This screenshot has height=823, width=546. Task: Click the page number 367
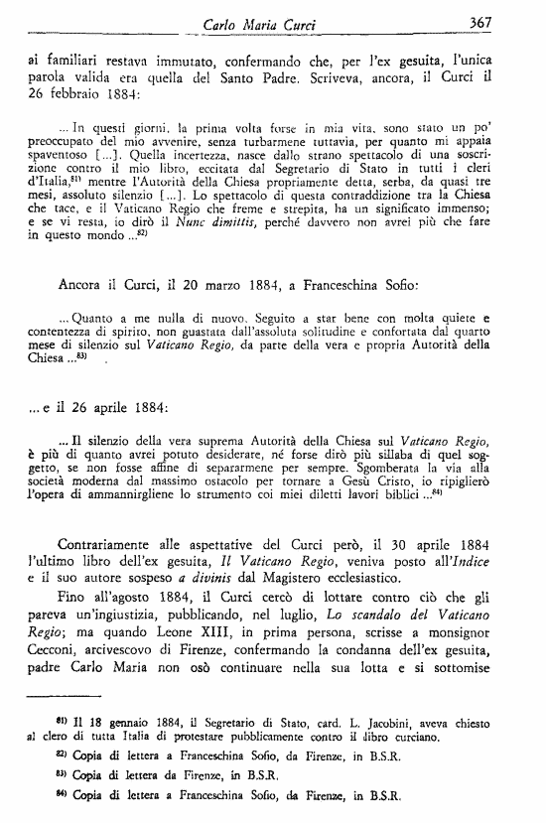tap(506, 22)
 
